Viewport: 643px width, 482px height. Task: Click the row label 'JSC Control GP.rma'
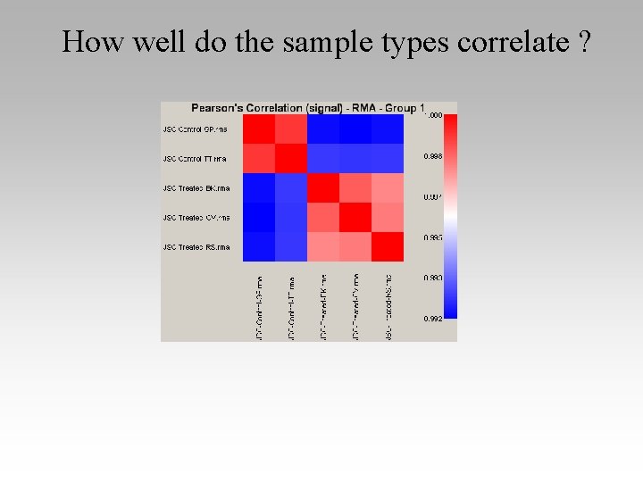[196, 129]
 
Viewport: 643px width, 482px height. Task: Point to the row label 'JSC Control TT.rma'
[195, 159]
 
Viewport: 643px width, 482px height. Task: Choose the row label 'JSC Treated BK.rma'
[196, 188]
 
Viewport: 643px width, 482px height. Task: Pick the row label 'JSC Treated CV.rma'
[196, 218]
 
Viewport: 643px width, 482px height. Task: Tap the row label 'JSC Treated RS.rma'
[196, 247]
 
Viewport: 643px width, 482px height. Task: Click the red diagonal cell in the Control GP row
[258, 129]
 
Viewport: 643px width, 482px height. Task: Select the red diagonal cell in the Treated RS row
[387, 247]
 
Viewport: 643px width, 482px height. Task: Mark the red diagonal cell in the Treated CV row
[355, 218]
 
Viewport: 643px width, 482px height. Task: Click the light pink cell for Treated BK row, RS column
[387, 188]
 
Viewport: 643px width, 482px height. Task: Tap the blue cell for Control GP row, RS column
[387, 129]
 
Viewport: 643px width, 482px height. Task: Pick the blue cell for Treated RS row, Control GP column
[258, 247]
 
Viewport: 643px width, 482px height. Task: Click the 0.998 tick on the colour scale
[432, 156]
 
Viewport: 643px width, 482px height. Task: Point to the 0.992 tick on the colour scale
[432, 318]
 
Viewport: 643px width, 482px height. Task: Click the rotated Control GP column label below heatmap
[259, 305]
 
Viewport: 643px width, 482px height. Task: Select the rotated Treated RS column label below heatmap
[388, 305]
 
